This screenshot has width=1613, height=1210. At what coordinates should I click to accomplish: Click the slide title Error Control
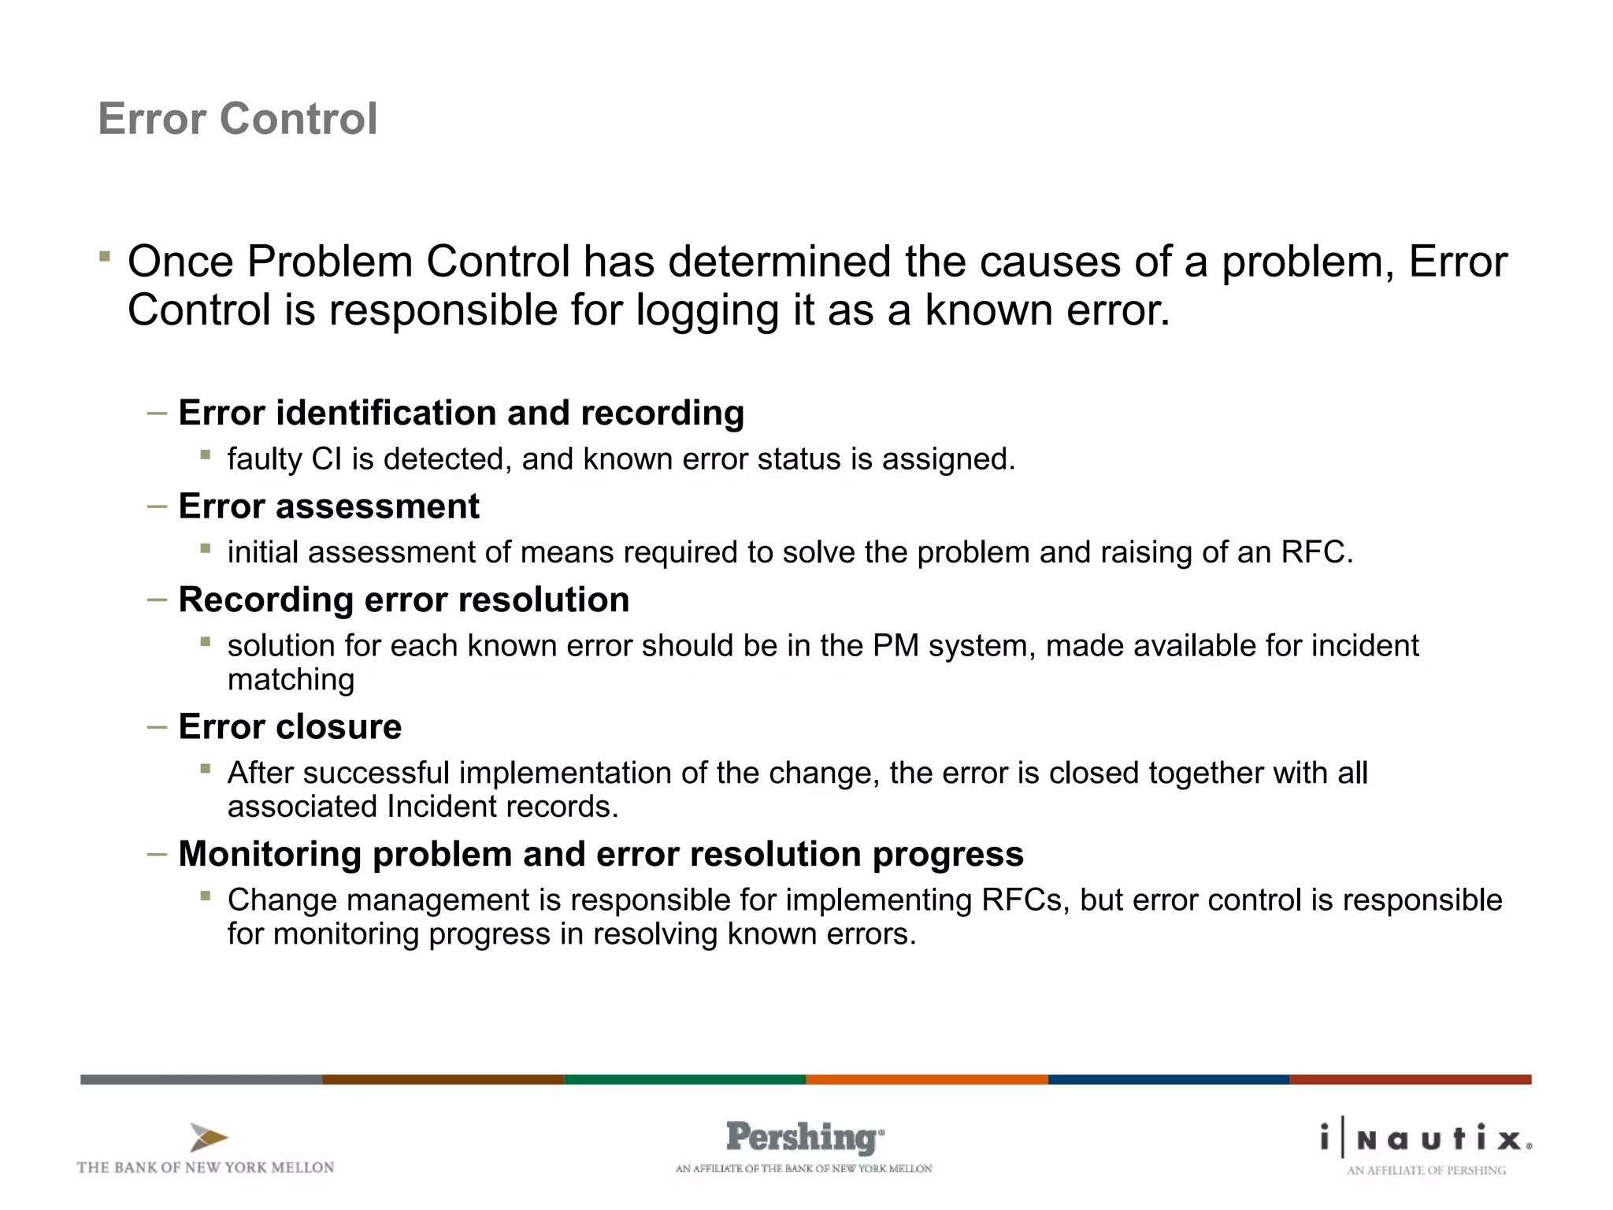tap(238, 119)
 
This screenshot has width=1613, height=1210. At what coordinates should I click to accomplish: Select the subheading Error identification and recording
tap(461, 413)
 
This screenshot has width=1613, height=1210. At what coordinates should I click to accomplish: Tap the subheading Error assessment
tap(328, 506)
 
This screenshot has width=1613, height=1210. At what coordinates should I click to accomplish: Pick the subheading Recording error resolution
tap(403, 599)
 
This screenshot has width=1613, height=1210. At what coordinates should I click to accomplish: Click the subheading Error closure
tap(290, 726)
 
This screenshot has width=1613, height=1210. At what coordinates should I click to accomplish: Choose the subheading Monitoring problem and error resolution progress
tap(601, 854)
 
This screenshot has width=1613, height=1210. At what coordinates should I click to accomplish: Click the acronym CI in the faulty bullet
tap(327, 459)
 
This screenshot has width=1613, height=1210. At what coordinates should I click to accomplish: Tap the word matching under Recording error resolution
tap(291, 680)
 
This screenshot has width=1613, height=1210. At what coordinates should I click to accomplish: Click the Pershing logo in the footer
tap(804, 1138)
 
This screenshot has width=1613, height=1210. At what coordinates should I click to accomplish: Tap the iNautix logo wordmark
tap(1426, 1138)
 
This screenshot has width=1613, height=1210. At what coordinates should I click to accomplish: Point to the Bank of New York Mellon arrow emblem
tap(208, 1138)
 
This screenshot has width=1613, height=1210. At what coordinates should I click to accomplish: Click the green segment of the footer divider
tap(684, 1079)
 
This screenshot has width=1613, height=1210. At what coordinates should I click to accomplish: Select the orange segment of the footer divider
tap(926, 1079)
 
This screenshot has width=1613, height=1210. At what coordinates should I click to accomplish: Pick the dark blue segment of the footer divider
tap(1168, 1079)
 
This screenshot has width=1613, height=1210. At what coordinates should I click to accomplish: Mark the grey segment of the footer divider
tap(201, 1079)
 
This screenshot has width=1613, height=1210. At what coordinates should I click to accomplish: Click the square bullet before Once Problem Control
tap(105, 256)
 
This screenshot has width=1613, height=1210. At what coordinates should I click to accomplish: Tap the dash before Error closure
tap(157, 726)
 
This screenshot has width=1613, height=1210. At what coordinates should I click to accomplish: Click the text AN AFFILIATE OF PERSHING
tap(1426, 1171)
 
